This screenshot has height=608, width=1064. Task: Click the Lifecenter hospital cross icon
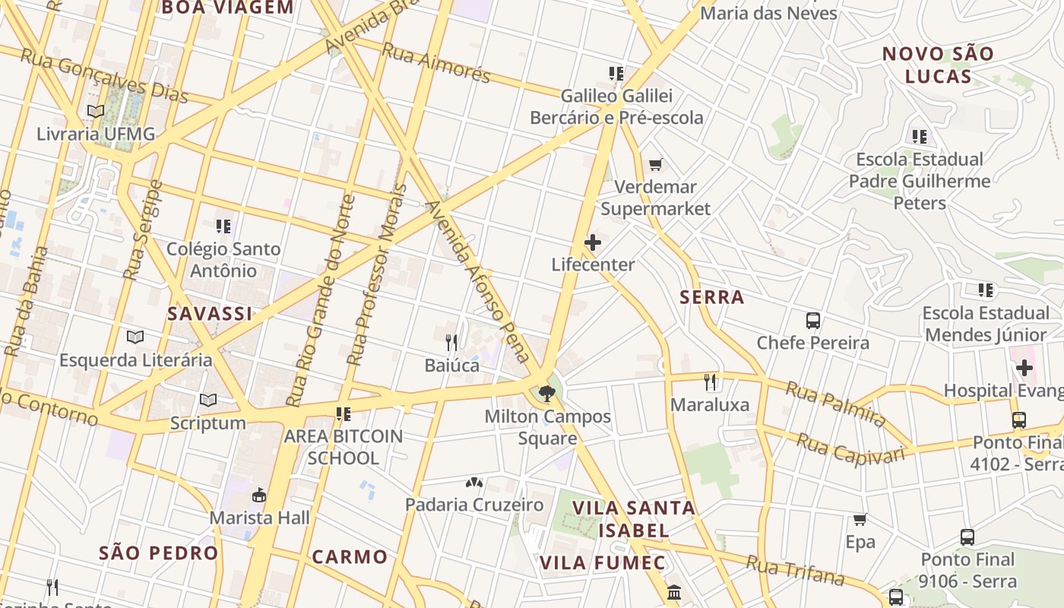[593, 242]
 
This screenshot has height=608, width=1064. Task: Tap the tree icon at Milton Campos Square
[546, 394]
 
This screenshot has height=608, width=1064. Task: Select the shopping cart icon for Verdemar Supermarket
[655, 164]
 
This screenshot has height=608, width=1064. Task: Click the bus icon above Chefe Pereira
[813, 320]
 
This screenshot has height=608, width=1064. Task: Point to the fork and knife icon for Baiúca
[451, 343]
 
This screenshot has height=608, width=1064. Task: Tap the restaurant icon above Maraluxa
[710, 382]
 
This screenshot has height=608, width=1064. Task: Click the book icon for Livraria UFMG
[95, 112]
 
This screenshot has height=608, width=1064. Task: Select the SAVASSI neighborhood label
[210, 314]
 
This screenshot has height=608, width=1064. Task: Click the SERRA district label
[712, 297]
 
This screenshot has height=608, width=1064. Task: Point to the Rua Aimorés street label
[436, 62]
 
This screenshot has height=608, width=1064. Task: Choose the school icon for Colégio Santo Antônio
[223, 226]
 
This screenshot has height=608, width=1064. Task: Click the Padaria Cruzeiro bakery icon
[474, 483]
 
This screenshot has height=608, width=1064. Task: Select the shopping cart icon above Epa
[860, 520]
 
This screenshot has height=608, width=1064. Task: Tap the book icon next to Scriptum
[207, 400]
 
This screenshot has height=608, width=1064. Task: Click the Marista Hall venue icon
[259, 496]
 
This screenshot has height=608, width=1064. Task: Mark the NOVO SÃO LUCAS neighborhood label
[938, 65]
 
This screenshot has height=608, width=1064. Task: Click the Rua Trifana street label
[795, 571]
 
